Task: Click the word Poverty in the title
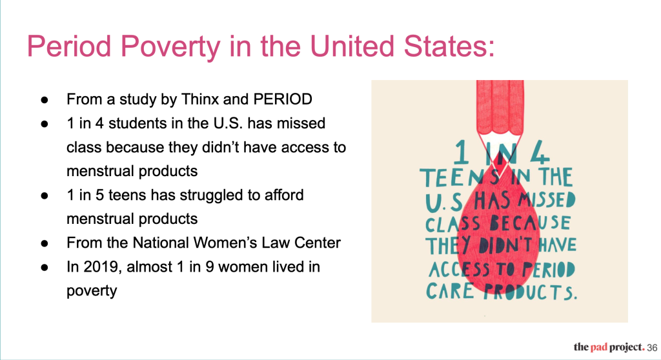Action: click(170, 46)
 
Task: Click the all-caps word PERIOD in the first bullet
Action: click(283, 99)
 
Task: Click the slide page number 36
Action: click(652, 348)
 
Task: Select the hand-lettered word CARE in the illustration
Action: click(450, 291)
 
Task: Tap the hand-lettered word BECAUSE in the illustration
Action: click(531, 223)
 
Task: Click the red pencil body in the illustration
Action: click(500, 107)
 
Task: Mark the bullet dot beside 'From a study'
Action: click(45, 100)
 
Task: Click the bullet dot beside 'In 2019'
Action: click(45, 268)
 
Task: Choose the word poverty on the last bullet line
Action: click(92, 291)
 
